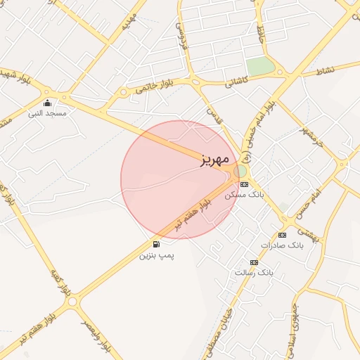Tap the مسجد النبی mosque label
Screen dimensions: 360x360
click(46, 113)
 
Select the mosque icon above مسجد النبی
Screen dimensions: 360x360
click(47, 103)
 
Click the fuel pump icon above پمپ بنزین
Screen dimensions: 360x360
click(155, 244)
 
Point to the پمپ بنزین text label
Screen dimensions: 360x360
click(155, 255)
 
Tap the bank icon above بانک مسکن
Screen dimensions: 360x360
click(244, 184)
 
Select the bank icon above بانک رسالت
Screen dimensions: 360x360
click(254, 262)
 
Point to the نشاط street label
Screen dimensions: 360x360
click(326, 71)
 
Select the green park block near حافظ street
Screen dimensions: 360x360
click(260, 67)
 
